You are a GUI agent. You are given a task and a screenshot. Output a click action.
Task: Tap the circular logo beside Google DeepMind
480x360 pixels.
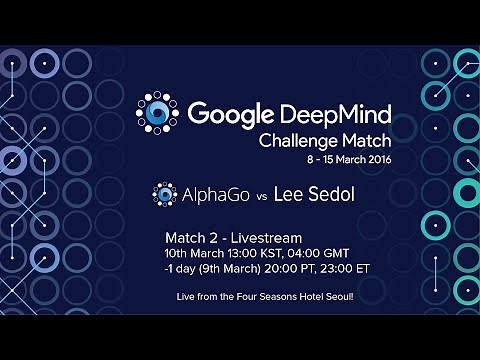coord(159,113)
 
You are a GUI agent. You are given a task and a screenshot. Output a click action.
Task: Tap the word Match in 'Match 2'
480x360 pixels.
coord(185,238)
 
